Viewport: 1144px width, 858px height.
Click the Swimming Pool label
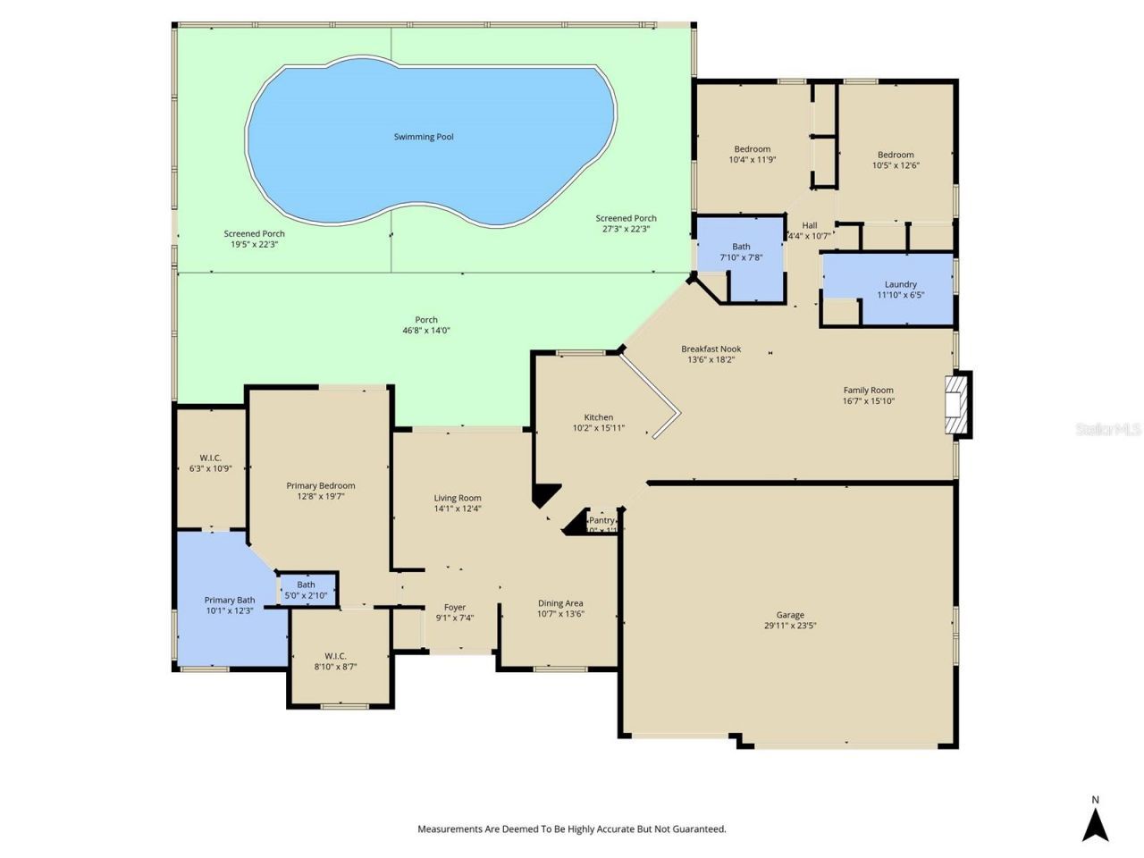point(424,137)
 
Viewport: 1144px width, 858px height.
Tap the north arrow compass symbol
point(1095,824)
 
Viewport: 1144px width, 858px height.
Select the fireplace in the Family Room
point(957,405)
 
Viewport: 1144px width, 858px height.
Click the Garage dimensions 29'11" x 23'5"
point(790,626)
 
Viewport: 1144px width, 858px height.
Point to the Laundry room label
point(900,284)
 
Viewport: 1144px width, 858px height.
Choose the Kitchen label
point(598,417)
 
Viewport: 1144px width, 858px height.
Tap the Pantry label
point(601,520)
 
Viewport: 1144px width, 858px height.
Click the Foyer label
point(455,607)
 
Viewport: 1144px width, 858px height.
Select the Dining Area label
point(560,603)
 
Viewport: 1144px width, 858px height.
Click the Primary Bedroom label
point(320,486)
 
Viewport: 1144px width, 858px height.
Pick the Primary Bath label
point(230,600)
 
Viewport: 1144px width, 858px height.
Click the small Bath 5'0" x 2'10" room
point(307,590)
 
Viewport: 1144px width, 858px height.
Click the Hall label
point(810,225)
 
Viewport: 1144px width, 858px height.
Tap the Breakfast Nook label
point(711,349)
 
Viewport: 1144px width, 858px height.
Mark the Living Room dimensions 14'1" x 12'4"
point(458,509)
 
